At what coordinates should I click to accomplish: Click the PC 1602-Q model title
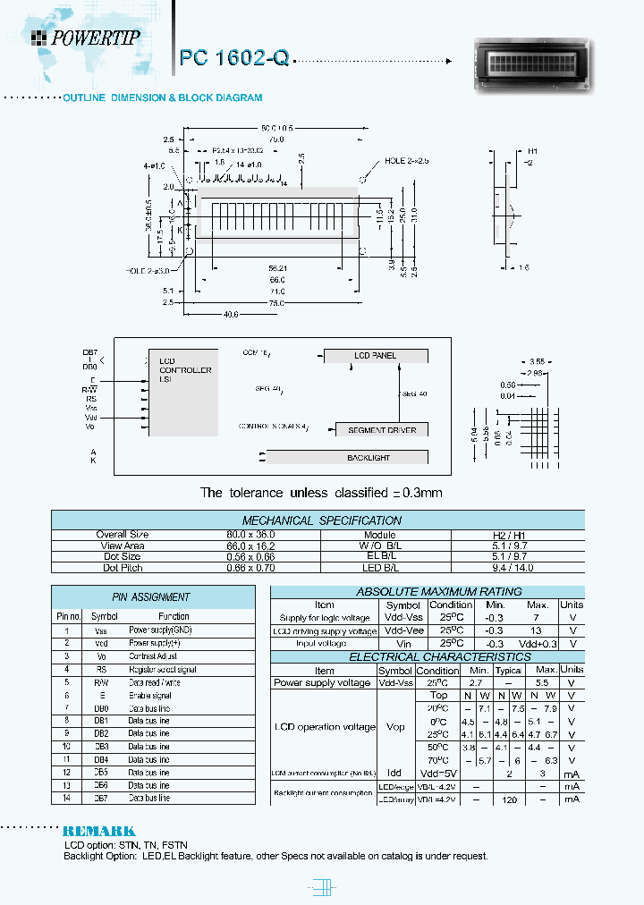(234, 58)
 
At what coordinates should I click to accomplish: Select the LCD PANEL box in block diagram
(375, 355)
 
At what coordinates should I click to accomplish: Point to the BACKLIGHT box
(369, 457)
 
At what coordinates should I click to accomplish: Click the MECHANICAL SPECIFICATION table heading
(322, 520)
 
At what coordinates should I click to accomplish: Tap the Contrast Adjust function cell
(153, 655)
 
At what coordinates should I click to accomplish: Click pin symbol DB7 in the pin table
(101, 798)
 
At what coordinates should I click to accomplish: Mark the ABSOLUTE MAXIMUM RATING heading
(427, 592)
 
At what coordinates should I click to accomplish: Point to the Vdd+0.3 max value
(538, 644)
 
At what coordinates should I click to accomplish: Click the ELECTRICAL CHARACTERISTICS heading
(427, 657)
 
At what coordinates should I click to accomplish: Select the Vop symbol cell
(394, 727)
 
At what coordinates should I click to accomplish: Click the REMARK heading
(98, 831)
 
